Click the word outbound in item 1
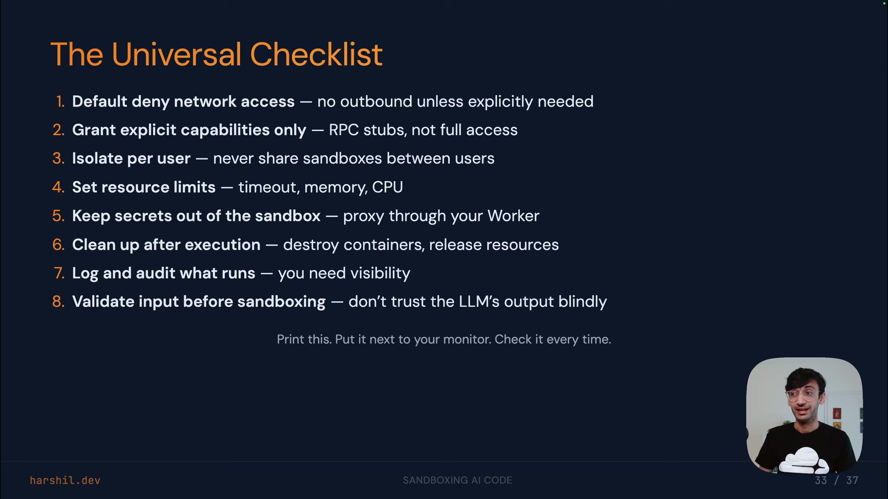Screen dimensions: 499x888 376,102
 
